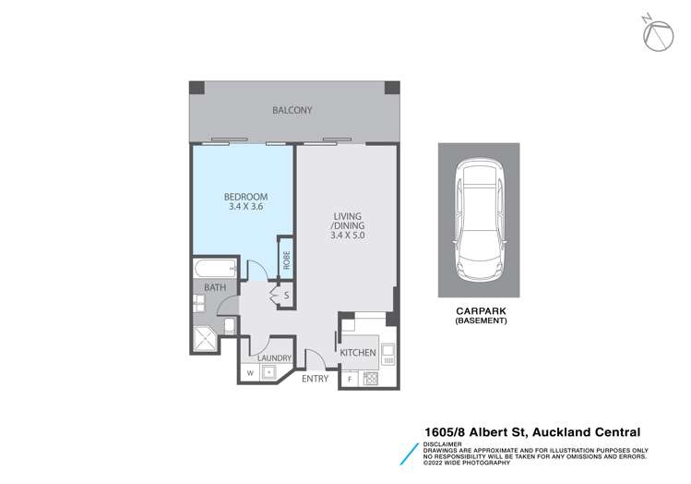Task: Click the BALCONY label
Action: (292, 111)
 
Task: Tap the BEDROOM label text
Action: (246, 197)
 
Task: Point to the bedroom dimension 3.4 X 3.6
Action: (246, 208)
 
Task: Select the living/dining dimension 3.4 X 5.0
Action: (347, 235)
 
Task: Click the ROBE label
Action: (287, 260)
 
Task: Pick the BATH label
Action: (215, 288)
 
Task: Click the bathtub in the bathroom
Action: (214, 269)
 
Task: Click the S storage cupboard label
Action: (287, 296)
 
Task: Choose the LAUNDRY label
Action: (275, 358)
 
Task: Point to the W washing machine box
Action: (249, 372)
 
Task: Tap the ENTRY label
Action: (315, 378)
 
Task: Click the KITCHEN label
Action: (358, 353)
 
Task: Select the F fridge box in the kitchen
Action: (350, 379)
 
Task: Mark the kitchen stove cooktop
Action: (370, 378)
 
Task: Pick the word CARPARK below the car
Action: (477, 312)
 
